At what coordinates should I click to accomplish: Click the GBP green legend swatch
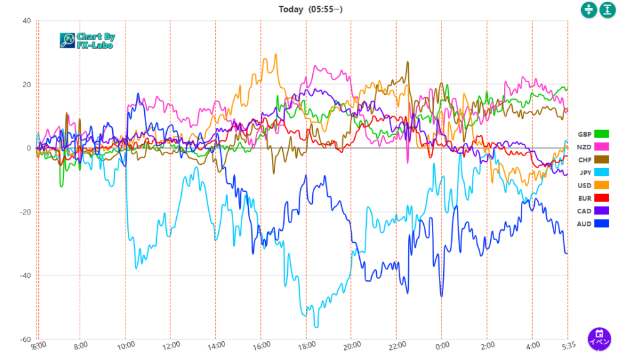(602, 134)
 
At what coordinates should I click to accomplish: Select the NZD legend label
(584, 147)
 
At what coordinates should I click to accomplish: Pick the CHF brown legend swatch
(602, 159)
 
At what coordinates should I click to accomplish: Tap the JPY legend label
(584, 172)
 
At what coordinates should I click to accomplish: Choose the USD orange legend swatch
(602, 185)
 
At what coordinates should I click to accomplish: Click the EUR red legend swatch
(602, 198)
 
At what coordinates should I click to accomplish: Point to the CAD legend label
(584, 211)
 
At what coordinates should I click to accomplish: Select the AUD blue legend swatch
(602, 223)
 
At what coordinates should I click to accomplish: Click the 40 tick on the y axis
(26, 21)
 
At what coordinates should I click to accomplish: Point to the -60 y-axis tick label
(25, 339)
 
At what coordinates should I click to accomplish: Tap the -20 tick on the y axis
(25, 212)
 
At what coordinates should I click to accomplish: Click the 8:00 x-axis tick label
(81, 345)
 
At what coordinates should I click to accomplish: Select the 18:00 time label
(307, 345)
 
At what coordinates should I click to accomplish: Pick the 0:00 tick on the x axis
(442, 345)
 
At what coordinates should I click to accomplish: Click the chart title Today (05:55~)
(310, 9)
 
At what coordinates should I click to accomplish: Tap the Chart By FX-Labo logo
(87, 41)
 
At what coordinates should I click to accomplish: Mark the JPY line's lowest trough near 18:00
(316, 327)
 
